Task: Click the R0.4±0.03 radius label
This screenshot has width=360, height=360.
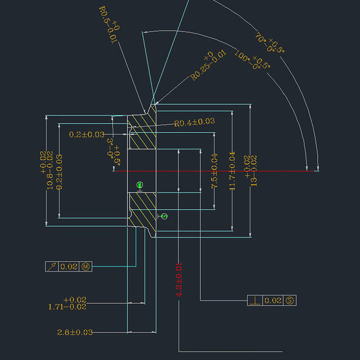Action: tap(194, 122)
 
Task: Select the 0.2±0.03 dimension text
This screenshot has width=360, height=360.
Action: tap(87, 135)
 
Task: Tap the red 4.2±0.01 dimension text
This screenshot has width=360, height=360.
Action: tap(179, 279)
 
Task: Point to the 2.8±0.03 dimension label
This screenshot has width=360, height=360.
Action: tap(75, 332)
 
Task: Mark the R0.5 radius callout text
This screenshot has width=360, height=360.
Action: tap(108, 25)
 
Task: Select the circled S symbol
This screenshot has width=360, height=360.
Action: tap(290, 300)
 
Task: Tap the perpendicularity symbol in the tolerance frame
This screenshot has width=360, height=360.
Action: tap(255, 300)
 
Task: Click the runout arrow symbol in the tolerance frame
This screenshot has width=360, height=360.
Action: tap(52, 266)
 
